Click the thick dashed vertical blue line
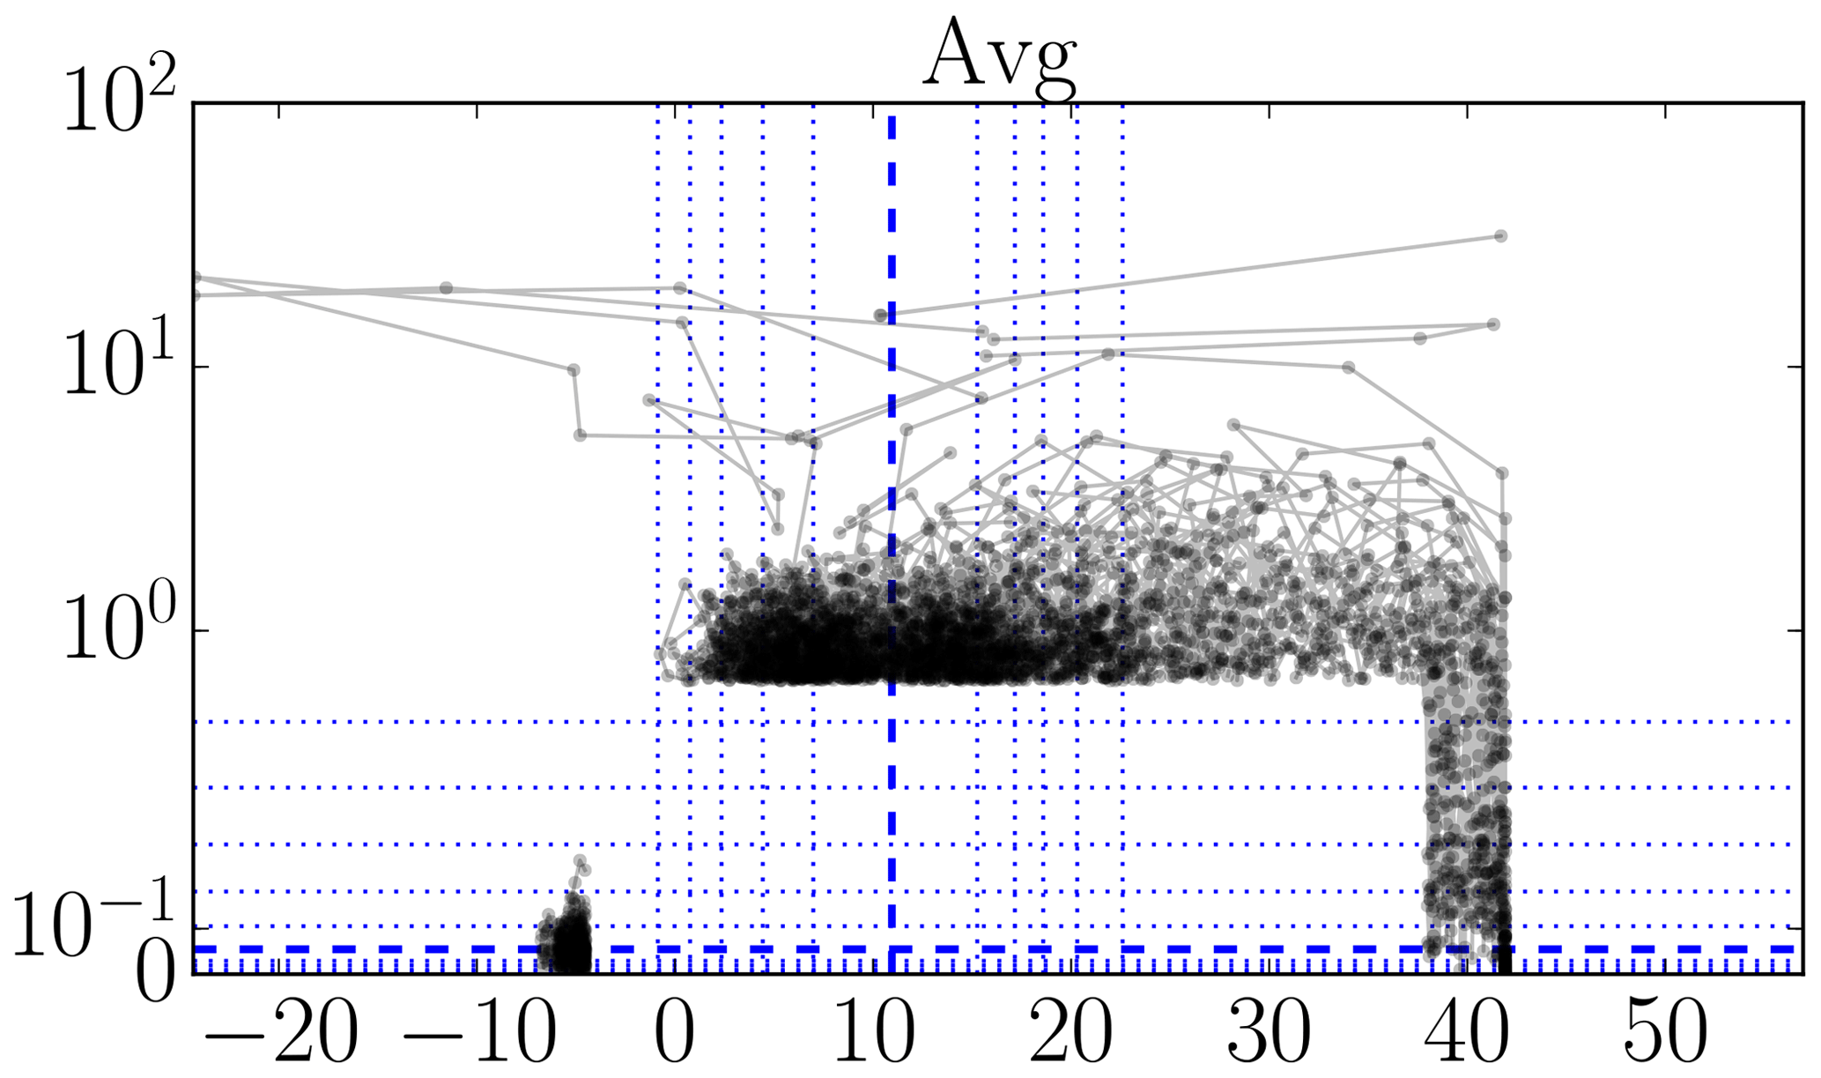[x=892, y=264]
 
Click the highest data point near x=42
[x=1500, y=236]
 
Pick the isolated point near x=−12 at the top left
[x=446, y=288]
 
